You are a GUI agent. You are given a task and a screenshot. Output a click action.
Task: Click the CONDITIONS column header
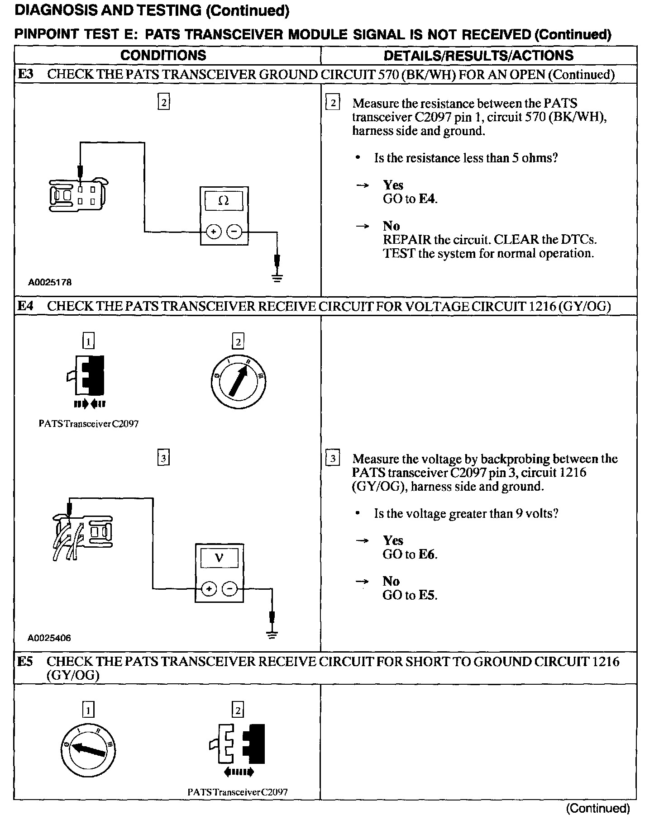click(x=163, y=55)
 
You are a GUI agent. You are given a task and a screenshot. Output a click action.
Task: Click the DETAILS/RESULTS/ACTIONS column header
click(x=478, y=55)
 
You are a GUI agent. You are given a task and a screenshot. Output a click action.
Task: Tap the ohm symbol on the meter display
click(x=224, y=201)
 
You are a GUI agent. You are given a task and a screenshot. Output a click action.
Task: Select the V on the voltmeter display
click(x=219, y=558)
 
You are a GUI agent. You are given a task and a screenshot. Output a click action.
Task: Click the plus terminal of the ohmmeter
click(x=213, y=232)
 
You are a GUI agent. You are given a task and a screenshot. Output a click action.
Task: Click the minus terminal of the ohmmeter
click(x=234, y=232)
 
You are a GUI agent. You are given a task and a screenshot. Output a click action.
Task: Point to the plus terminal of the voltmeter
click(x=208, y=589)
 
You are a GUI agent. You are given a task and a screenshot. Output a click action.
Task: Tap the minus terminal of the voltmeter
click(x=230, y=589)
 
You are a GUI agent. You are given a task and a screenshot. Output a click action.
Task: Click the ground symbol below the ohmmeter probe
click(x=277, y=277)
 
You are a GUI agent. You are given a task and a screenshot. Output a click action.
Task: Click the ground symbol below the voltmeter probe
click(x=272, y=634)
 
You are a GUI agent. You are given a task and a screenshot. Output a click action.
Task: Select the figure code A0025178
click(x=50, y=282)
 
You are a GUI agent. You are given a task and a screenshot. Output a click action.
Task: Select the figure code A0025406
click(x=49, y=638)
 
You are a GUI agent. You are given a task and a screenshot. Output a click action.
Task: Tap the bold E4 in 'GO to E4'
click(x=427, y=199)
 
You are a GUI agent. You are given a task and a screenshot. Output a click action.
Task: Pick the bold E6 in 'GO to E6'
click(x=427, y=554)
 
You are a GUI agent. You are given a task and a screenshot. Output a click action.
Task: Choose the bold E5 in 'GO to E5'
click(x=427, y=595)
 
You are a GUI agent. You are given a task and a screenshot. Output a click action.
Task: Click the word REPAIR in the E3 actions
click(x=406, y=239)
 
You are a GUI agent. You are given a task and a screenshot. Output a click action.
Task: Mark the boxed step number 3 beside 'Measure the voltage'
click(x=333, y=459)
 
